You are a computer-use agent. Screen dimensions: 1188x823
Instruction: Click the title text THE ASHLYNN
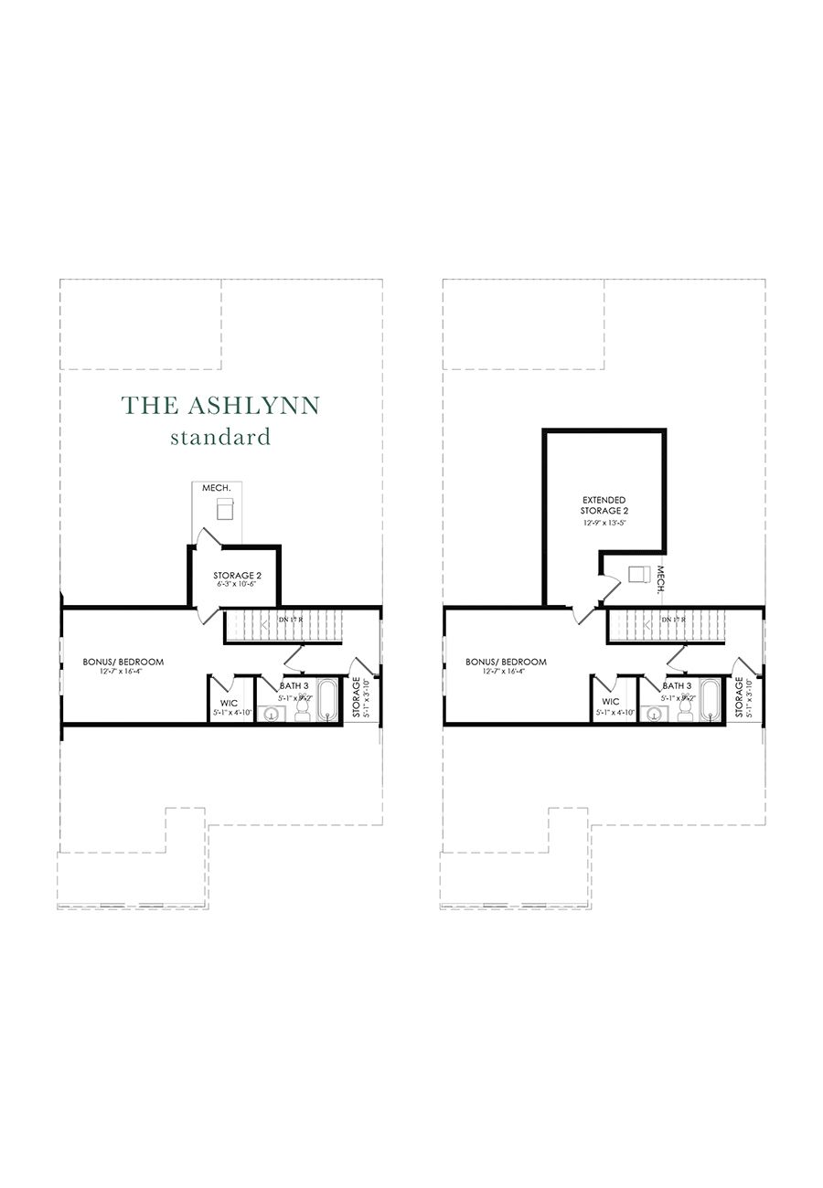221,405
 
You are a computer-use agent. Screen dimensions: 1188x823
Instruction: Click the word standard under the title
220,437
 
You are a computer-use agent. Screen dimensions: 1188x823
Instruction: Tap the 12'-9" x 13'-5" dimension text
604,523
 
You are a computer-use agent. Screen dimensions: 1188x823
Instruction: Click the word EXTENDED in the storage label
604,500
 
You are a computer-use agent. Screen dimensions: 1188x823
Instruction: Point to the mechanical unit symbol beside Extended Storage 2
638,575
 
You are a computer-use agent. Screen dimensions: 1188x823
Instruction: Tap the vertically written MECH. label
660,578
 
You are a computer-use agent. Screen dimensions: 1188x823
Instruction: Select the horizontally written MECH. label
217,489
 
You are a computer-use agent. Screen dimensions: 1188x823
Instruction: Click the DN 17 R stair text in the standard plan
291,621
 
